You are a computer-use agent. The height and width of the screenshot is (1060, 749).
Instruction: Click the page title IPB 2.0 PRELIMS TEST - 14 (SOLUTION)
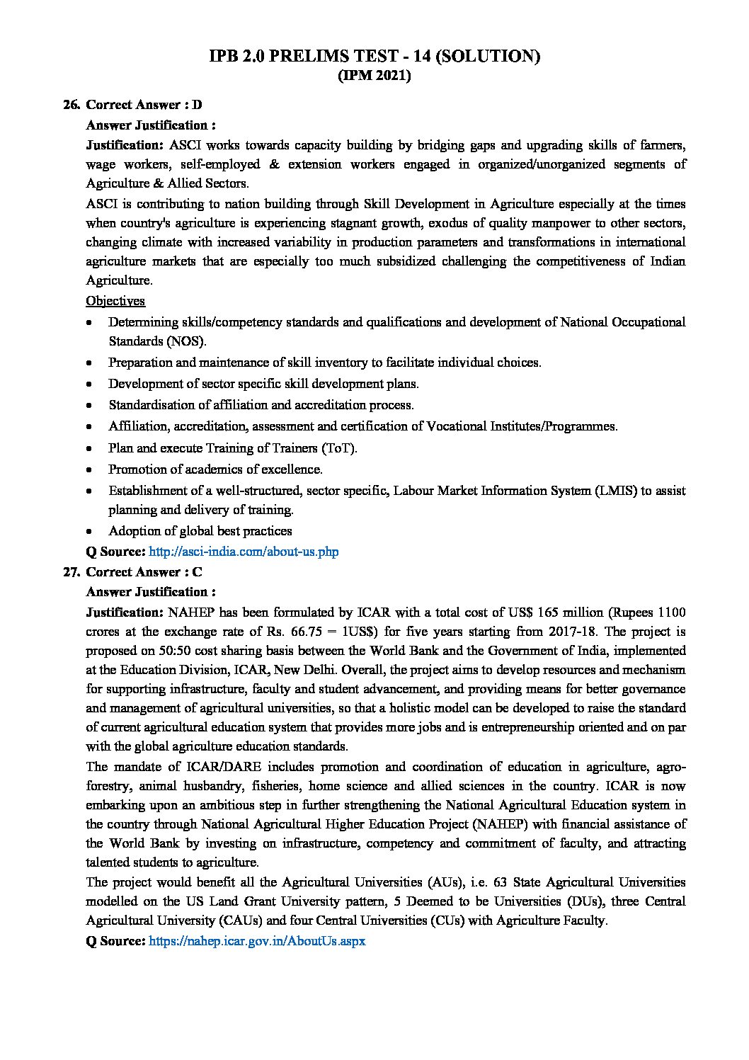pos(374,57)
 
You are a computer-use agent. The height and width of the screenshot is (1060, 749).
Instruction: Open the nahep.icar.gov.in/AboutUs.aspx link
pos(257,942)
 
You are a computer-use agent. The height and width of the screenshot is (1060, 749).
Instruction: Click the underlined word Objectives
pos(115,301)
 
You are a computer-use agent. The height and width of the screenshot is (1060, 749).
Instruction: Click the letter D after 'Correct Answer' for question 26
pos(198,105)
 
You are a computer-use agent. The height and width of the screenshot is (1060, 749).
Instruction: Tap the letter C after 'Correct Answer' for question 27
pos(198,571)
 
